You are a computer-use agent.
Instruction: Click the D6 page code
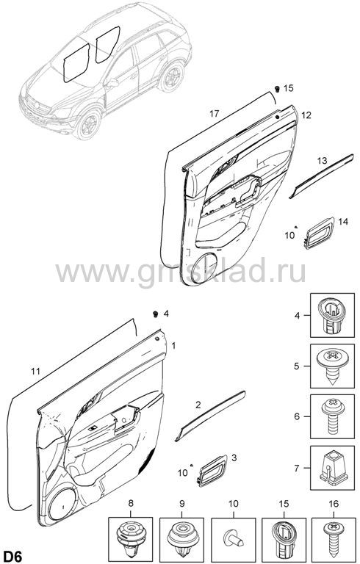click(x=12, y=556)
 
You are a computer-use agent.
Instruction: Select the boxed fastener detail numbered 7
click(x=332, y=468)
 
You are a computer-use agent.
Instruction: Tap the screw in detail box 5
click(x=332, y=366)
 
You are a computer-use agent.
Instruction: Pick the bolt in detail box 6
click(x=332, y=416)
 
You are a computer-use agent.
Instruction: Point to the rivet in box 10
click(x=232, y=537)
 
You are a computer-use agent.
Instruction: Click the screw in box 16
click(x=334, y=536)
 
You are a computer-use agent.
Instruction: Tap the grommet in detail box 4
click(x=332, y=315)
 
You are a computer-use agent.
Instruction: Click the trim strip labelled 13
click(x=321, y=176)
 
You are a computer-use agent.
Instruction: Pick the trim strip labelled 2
click(x=210, y=415)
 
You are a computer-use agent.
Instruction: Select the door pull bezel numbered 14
click(x=320, y=233)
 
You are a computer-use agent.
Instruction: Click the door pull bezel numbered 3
click(x=212, y=470)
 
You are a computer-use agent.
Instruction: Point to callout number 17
click(x=215, y=114)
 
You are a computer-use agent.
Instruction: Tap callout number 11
click(x=35, y=371)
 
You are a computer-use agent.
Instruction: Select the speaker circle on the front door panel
click(x=62, y=504)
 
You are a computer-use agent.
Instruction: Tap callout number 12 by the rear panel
click(x=306, y=115)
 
